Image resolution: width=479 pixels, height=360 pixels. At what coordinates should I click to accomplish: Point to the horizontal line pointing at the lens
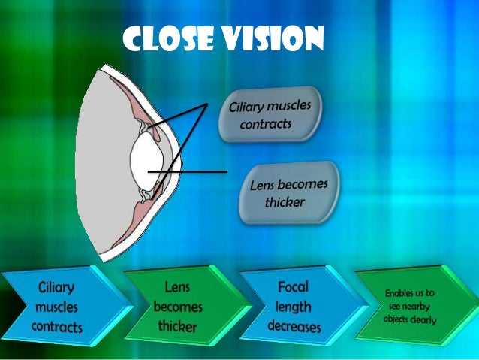(191, 172)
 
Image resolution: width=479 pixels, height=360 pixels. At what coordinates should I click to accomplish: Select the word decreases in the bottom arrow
(294, 326)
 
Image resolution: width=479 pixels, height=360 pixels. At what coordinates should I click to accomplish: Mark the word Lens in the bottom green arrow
(176, 287)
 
